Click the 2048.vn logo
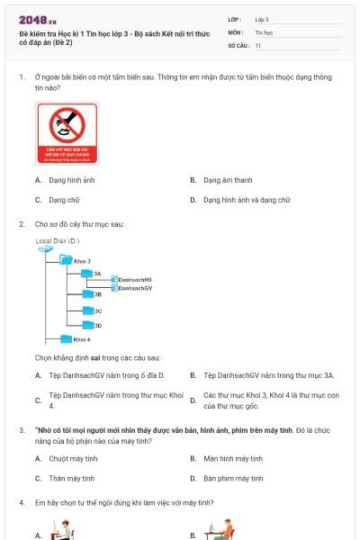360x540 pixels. pyautogui.click(x=38, y=20)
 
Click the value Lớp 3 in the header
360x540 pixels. pyautogui.click(x=262, y=19)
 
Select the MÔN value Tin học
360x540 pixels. pyautogui.click(x=263, y=31)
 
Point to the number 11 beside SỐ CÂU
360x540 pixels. pyautogui.click(x=258, y=44)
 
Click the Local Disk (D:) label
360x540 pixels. pyautogui.click(x=58, y=240)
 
